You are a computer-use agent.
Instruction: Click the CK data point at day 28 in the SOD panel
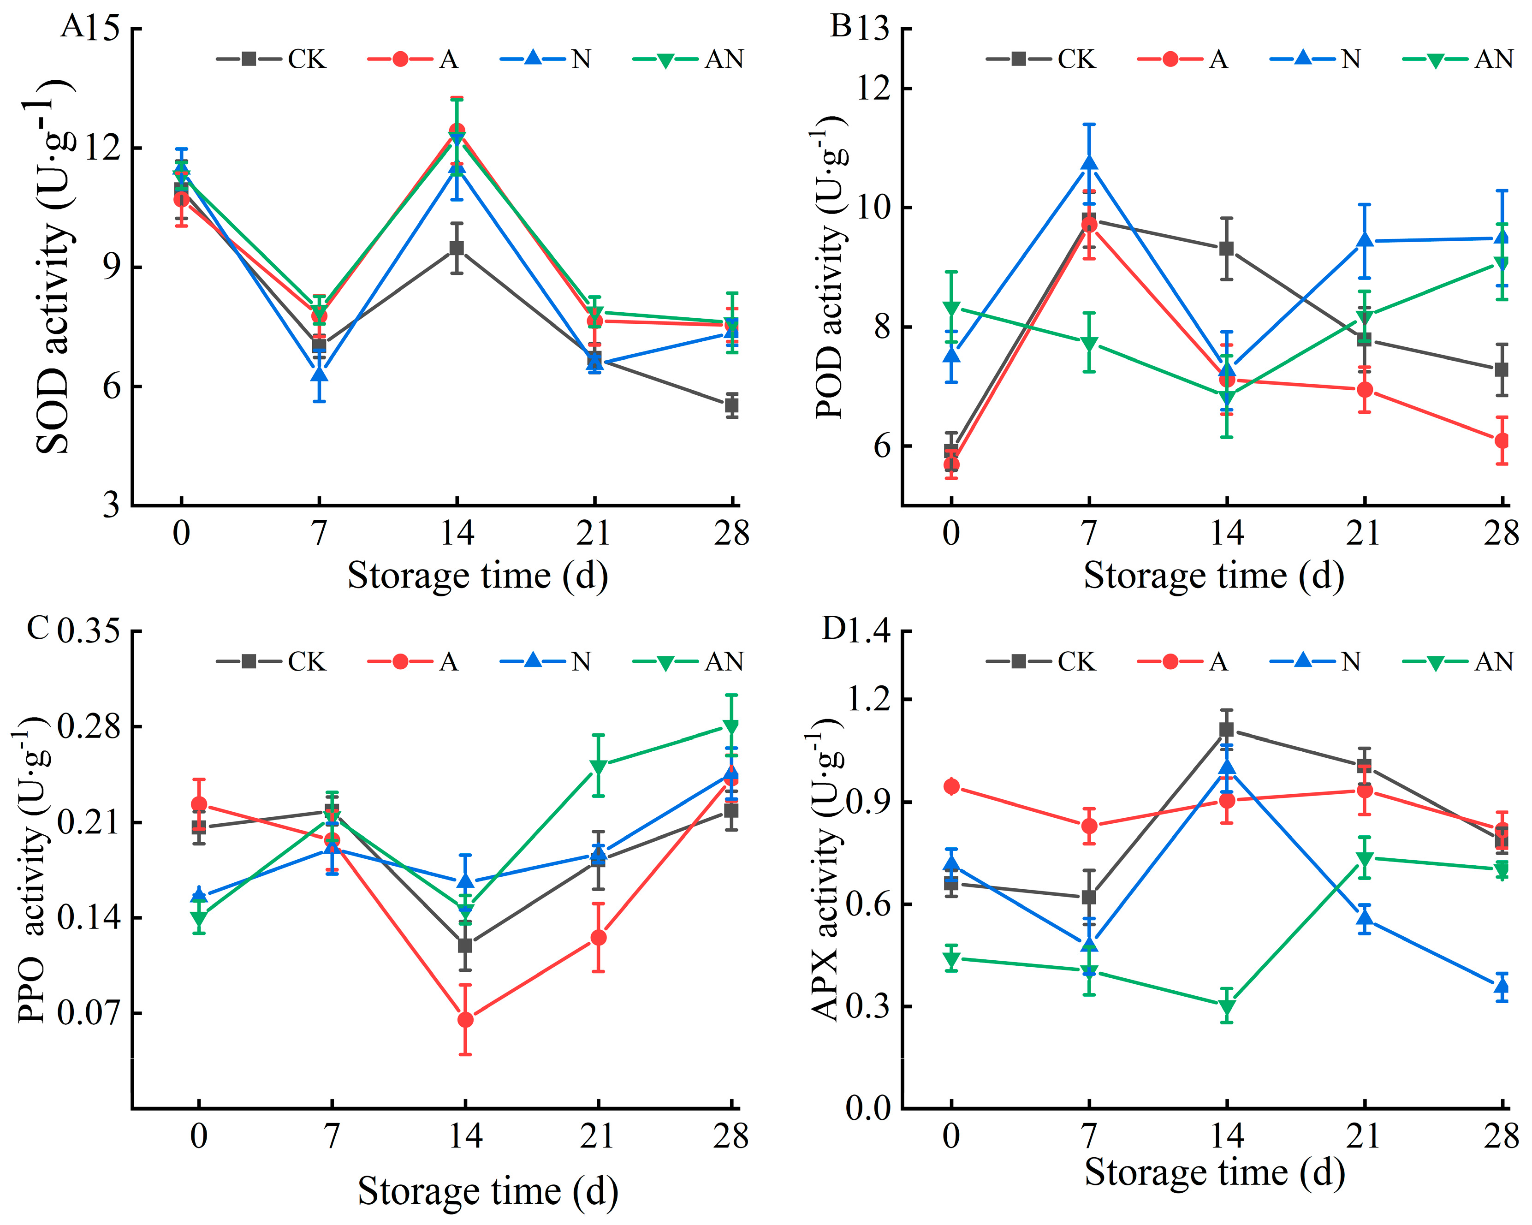[x=731, y=406]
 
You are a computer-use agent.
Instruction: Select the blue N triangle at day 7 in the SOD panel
[x=320, y=373]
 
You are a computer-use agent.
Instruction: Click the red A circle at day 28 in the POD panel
[x=1502, y=440]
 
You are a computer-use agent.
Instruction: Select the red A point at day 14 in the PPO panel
[x=465, y=1020]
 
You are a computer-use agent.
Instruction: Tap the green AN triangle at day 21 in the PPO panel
[x=598, y=767]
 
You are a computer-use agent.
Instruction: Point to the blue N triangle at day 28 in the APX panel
[x=1502, y=985]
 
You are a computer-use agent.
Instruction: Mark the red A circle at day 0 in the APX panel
[x=951, y=786]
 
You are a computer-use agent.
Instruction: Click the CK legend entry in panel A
[x=272, y=59]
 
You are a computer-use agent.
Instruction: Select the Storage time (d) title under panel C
[x=487, y=1191]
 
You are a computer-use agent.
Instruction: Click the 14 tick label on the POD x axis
[x=1226, y=533]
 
